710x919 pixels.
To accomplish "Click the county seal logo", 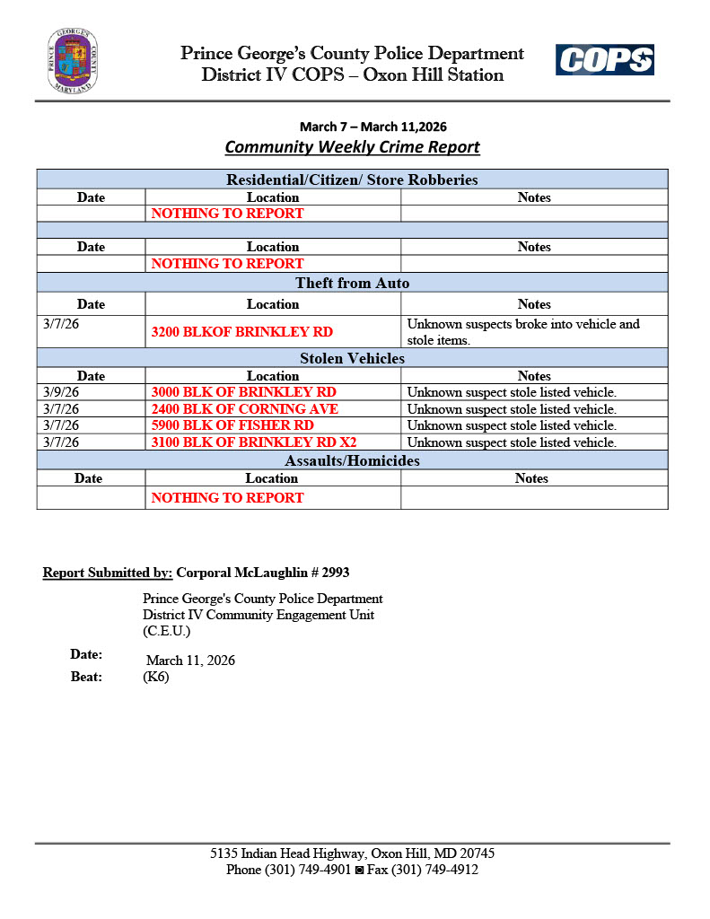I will [x=73, y=60].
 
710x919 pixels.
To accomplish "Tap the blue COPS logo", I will [x=604, y=60].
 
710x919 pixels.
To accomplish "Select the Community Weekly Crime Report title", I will [x=352, y=146].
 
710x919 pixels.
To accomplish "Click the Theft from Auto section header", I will [x=352, y=283].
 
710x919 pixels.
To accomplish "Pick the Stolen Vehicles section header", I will [x=352, y=358].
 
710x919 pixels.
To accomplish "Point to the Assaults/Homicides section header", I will [x=352, y=460].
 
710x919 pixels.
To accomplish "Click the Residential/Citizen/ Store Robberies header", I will [x=352, y=179].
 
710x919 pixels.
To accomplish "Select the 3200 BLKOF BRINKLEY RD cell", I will [x=241, y=332].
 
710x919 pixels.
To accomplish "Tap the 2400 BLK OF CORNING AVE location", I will [x=244, y=408].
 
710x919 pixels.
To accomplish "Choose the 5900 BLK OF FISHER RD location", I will [x=232, y=425].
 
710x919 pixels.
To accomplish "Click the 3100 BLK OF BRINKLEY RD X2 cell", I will [x=259, y=442].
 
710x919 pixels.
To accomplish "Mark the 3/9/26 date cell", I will [x=61, y=392].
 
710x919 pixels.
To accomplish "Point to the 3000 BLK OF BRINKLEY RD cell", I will [x=243, y=392].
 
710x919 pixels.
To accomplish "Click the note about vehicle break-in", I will [x=523, y=332].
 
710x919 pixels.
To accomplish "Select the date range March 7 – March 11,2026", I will [x=373, y=127].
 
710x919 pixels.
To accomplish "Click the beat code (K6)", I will [x=156, y=677].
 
